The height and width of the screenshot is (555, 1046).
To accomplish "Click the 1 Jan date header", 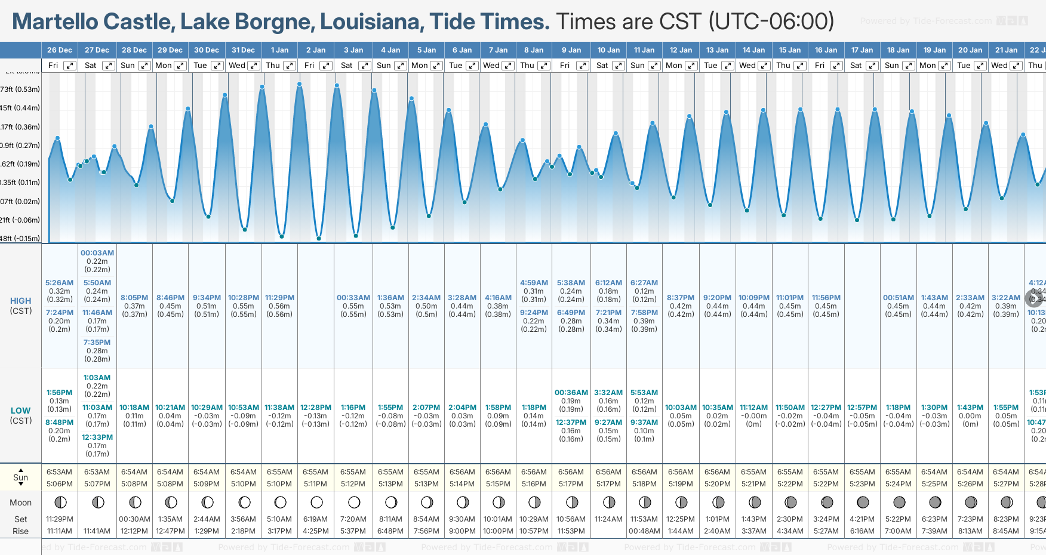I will click(279, 50).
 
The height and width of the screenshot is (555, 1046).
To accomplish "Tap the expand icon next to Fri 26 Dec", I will click(70, 66).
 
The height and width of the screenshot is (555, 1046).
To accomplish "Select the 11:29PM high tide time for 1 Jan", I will click(279, 298).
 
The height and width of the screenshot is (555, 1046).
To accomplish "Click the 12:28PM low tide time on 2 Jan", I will click(316, 408).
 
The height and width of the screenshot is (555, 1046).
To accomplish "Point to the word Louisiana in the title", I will click(372, 21).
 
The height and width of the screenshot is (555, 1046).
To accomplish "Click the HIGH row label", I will click(20, 301).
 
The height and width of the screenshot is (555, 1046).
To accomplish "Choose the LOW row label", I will click(20, 411).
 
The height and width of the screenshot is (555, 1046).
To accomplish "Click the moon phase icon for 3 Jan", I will click(354, 502).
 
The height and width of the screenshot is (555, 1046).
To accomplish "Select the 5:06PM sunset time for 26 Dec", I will click(59, 484).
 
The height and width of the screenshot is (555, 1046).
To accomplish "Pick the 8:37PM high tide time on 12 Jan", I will click(681, 298).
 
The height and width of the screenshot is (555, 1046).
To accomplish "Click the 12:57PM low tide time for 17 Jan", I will click(862, 408).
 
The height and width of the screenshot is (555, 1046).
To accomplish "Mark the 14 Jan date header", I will click(754, 50).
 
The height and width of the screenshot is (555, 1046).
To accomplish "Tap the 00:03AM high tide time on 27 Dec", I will click(97, 253).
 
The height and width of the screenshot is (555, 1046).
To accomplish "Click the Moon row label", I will click(20, 502).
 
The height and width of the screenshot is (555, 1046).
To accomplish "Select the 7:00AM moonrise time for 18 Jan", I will click(898, 531).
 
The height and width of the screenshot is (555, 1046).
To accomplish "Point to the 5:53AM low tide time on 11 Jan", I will click(644, 393).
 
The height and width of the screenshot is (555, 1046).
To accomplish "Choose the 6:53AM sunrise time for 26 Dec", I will click(59, 472).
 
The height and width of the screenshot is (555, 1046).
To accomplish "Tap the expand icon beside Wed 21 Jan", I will click(1016, 66).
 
